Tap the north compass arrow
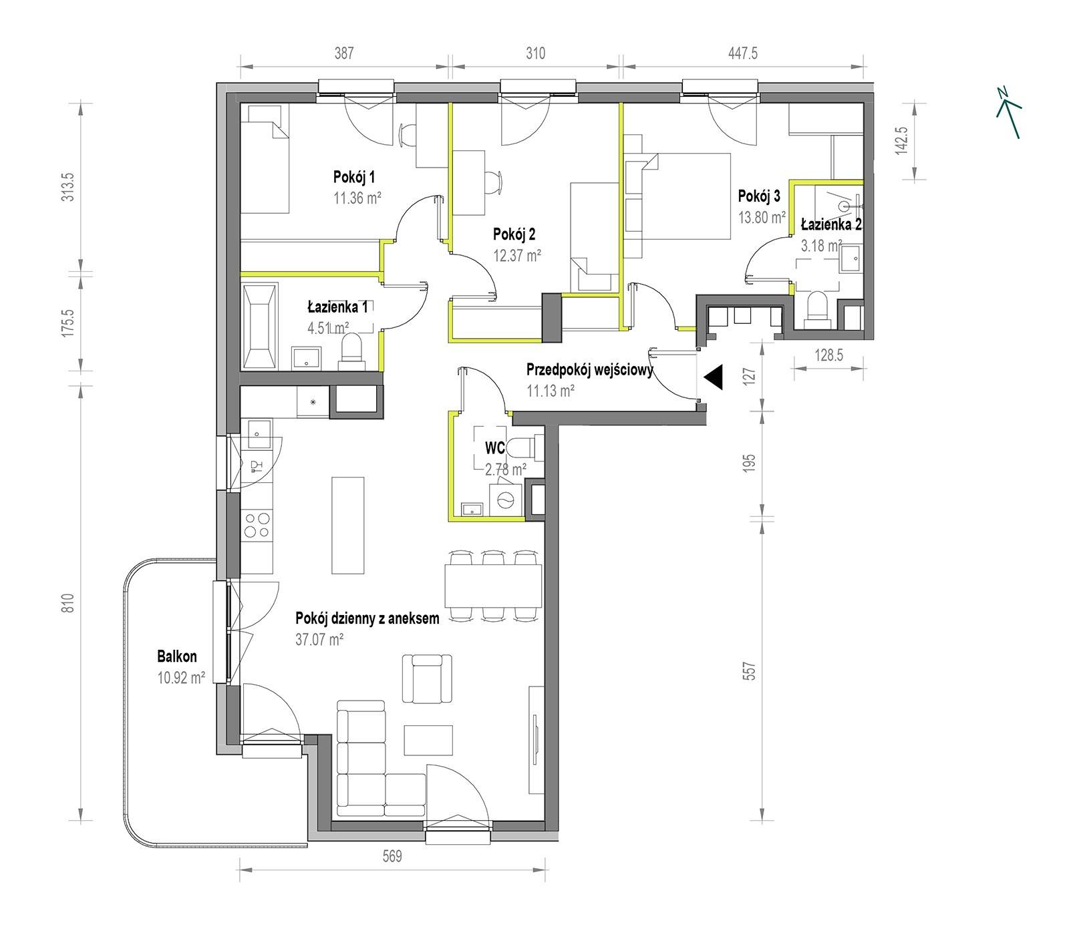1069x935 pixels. tap(1009, 113)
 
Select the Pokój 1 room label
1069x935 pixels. tap(353, 177)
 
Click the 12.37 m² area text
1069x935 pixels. tap(517, 254)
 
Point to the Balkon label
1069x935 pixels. tap(177, 657)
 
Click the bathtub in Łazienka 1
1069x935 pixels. tap(259, 327)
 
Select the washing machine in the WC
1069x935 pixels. tap(506, 498)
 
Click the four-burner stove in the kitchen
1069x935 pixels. tap(257, 524)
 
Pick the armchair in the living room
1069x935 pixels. tap(423, 679)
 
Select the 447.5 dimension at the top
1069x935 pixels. tap(742, 53)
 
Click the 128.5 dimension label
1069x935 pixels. tap(828, 355)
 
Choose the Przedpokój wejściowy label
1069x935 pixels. tap(590, 369)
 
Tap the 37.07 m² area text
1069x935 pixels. tap(319, 639)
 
